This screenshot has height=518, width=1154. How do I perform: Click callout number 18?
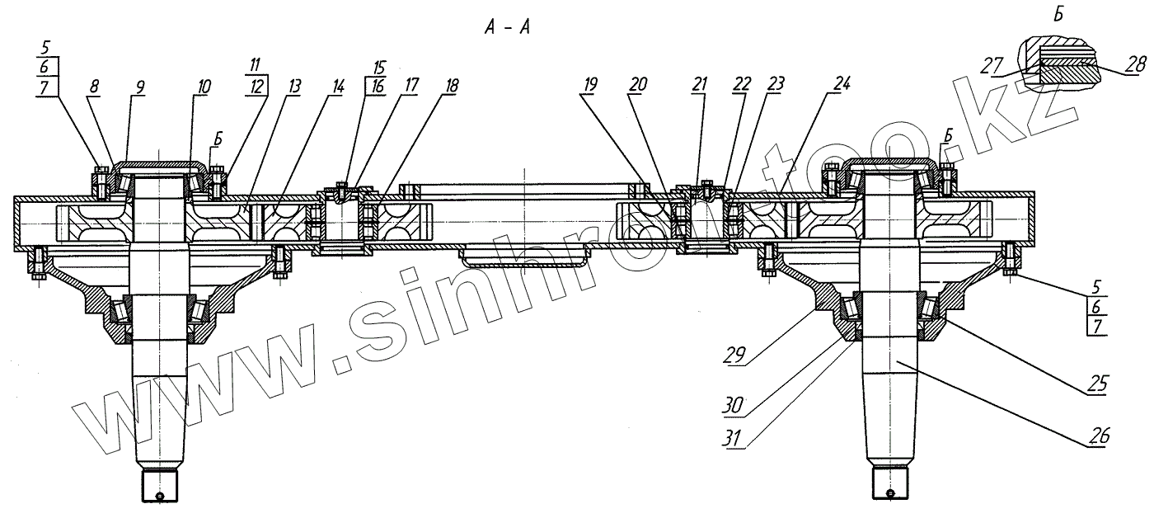(x=451, y=85)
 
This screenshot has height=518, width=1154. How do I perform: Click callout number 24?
(x=841, y=84)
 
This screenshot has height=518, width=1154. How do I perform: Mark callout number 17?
(x=409, y=85)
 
